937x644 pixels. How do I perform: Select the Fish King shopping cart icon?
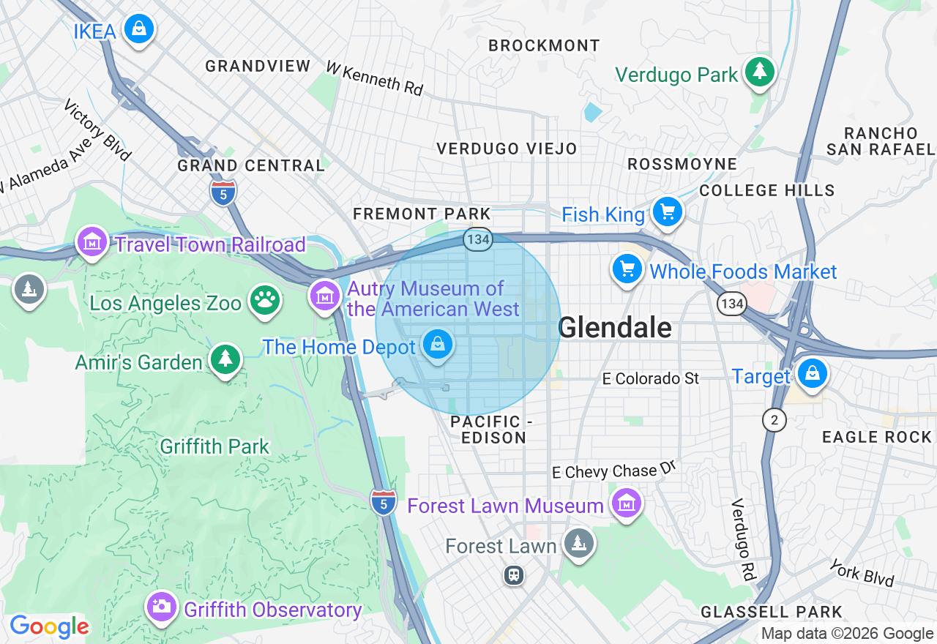tap(667, 212)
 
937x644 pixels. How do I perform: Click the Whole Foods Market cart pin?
tap(627, 269)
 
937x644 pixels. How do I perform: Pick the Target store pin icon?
tap(812, 374)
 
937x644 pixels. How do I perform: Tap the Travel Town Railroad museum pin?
tap(92, 241)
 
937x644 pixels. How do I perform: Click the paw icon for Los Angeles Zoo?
tap(264, 300)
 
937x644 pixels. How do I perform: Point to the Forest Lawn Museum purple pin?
tap(626, 503)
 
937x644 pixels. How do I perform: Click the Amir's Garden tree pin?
tap(225, 359)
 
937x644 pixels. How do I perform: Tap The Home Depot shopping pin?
tap(438, 344)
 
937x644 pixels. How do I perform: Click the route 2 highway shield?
tap(774, 419)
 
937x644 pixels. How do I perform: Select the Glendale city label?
tap(615, 327)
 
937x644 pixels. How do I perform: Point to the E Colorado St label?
tap(651, 378)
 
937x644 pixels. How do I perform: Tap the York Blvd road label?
tap(862, 572)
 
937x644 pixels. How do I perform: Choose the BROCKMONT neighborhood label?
tap(544, 45)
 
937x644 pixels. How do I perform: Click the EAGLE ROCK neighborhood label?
tap(877, 437)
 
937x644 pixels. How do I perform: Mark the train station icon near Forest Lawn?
tap(514, 575)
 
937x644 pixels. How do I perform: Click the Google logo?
tap(49, 627)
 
